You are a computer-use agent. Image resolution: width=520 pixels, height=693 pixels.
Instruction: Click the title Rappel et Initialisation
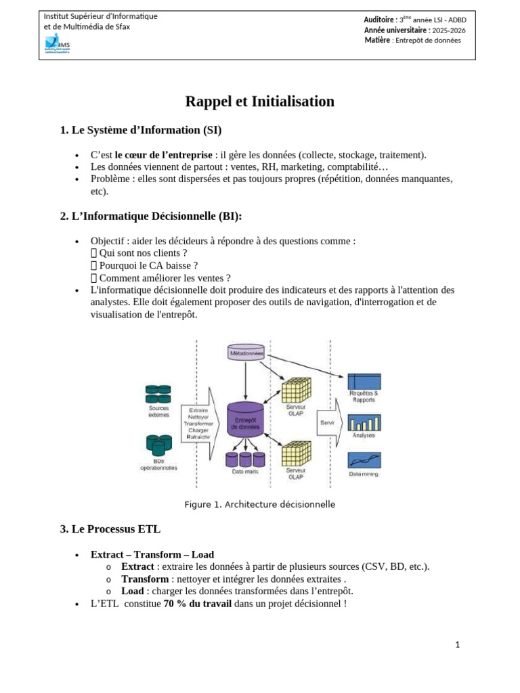coord(260,102)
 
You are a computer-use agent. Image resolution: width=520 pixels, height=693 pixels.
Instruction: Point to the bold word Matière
coord(377,40)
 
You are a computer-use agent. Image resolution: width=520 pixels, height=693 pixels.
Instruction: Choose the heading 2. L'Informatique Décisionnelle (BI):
coord(151,216)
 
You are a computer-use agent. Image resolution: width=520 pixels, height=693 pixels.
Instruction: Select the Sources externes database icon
coord(159,394)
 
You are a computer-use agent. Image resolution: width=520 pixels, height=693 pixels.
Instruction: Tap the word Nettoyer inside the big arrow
coord(198,417)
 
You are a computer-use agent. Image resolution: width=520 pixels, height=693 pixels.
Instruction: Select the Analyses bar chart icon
coord(364,422)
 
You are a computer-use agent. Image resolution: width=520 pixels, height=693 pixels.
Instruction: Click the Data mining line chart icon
coord(364,460)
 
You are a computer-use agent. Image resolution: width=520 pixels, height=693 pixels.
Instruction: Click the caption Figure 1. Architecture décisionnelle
coord(260,504)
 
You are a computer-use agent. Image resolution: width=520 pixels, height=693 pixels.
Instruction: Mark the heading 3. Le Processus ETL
coord(110,529)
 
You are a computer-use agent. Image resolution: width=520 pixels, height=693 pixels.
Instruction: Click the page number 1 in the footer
coord(458,645)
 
